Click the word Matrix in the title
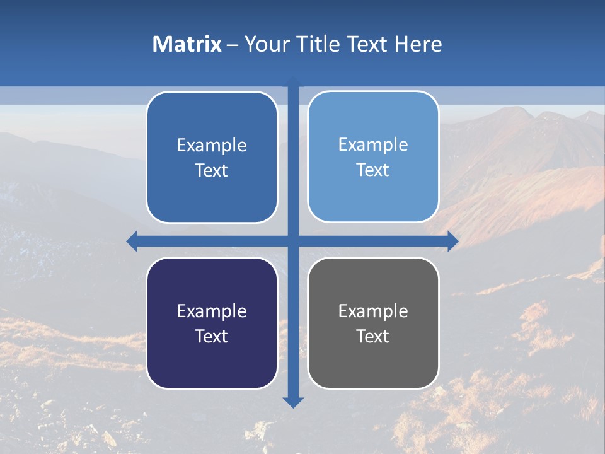[187, 44]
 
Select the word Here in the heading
[418, 44]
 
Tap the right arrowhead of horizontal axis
[453, 241]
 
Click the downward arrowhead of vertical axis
[293, 402]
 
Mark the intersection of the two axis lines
[293, 241]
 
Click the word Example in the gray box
[373, 311]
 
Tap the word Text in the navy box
[211, 336]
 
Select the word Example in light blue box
[373, 144]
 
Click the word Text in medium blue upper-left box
[211, 170]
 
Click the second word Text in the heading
[367, 44]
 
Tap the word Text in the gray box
[372, 336]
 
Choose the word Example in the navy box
[212, 311]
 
